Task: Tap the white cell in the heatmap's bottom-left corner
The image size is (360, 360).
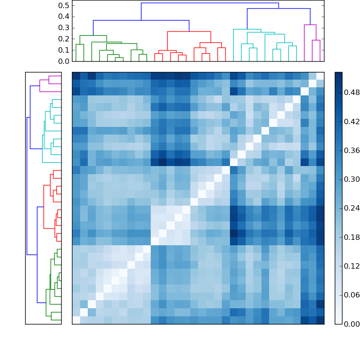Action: [76, 320]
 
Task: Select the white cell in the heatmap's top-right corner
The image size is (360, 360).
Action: [320, 76]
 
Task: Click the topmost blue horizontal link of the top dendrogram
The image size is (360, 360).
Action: [210, 3]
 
